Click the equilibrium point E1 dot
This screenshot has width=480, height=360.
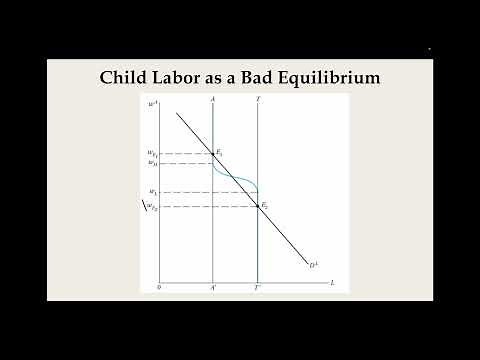click(214, 154)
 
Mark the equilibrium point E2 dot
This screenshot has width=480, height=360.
click(258, 206)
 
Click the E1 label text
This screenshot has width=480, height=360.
click(220, 150)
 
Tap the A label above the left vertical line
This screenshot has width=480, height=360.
click(214, 99)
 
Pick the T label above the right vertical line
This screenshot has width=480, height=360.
click(258, 99)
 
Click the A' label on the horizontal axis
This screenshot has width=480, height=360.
click(214, 287)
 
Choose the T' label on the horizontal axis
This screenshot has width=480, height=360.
click(258, 287)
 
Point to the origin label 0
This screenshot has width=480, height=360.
click(159, 287)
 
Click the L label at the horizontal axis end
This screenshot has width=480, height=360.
click(333, 283)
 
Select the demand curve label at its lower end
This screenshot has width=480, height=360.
click(312, 264)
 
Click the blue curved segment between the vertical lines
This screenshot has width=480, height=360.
click(236, 175)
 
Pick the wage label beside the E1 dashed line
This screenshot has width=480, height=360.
click(151, 154)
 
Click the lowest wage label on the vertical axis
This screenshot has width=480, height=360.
click(151, 207)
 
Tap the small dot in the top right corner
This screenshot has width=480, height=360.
click(429, 49)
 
